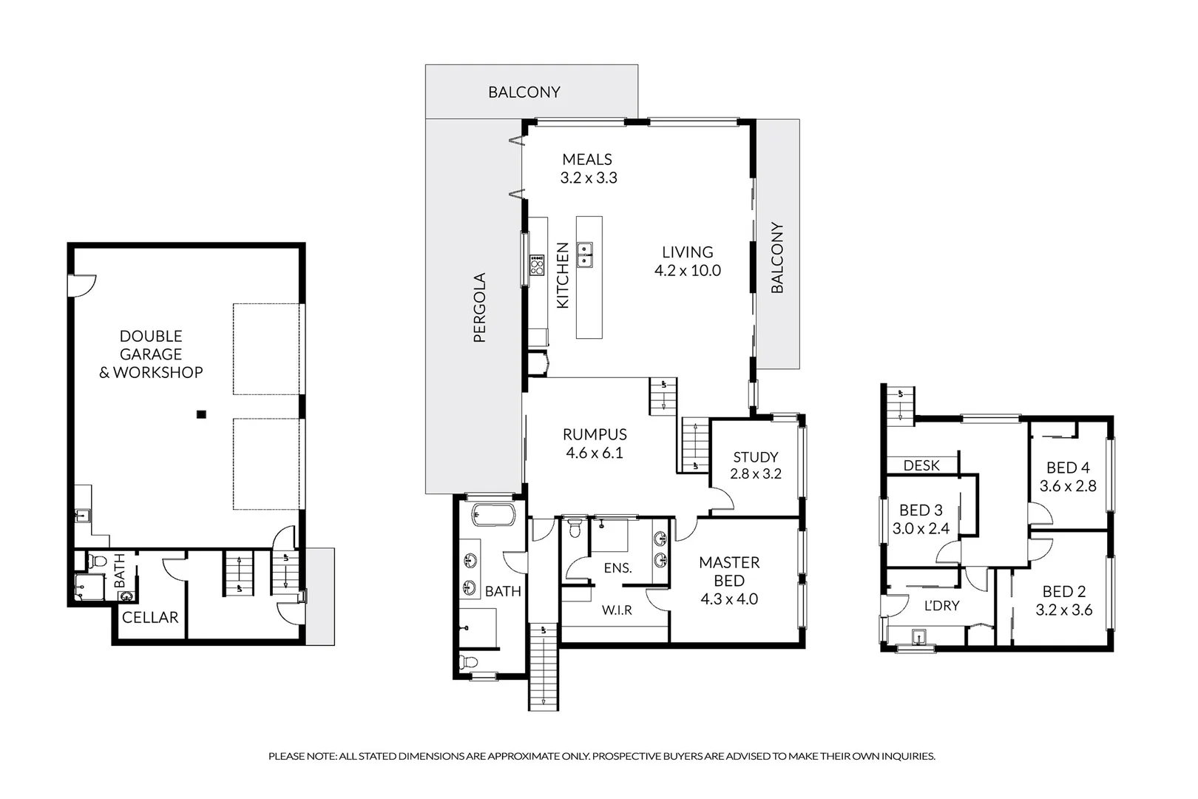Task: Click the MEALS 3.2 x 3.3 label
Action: pyautogui.click(x=588, y=169)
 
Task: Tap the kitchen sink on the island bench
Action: pyautogui.click(x=585, y=253)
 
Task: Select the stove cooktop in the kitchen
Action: pyautogui.click(x=537, y=264)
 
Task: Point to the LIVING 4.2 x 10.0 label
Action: pyautogui.click(x=687, y=261)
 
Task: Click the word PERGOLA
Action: pyautogui.click(x=479, y=307)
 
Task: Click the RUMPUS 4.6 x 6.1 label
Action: pyautogui.click(x=595, y=444)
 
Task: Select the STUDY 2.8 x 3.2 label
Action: pyautogui.click(x=755, y=465)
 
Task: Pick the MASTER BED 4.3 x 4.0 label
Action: pyautogui.click(x=728, y=581)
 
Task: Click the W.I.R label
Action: pyautogui.click(x=616, y=610)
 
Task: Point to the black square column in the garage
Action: pyautogui.click(x=201, y=414)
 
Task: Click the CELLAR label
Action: pyautogui.click(x=150, y=617)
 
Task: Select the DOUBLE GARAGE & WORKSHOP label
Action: pyautogui.click(x=151, y=354)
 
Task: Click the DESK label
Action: pyautogui.click(x=921, y=465)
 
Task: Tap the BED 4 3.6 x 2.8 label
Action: pyautogui.click(x=1068, y=476)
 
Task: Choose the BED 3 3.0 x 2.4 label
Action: pyautogui.click(x=921, y=519)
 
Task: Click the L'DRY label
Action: pyautogui.click(x=941, y=605)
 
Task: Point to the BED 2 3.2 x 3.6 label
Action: pyautogui.click(x=1063, y=601)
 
